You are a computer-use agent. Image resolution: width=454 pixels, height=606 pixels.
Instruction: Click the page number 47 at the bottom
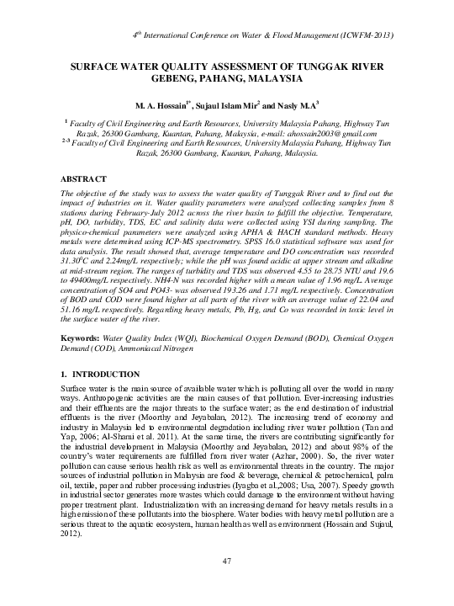point(227,561)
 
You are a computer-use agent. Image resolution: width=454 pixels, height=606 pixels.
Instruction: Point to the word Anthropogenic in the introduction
point(108,396)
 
